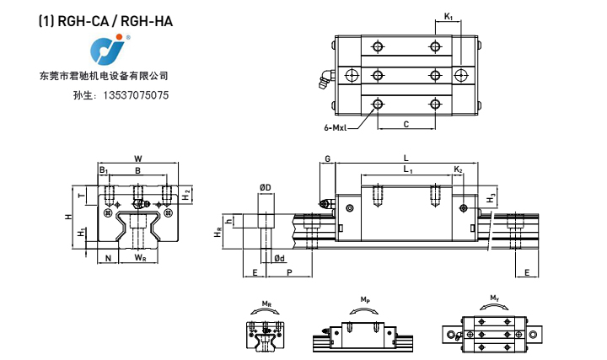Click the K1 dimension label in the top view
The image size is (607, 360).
click(449, 17)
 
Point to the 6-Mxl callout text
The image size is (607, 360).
click(335, 128)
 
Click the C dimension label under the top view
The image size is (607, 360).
click(406, 125)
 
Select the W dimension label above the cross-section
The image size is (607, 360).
click(138, 158)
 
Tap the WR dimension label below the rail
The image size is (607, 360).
click(138, 258)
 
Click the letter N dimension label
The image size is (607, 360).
click(107, 258)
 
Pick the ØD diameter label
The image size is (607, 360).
click(265, 187)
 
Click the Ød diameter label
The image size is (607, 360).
click(279, 258)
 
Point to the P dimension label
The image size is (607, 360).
click(289, 273)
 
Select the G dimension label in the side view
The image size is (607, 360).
click(327, 159)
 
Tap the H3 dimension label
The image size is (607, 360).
click(492, 197)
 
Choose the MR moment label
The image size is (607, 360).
click(266, 302)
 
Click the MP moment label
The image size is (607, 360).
click(364, 299)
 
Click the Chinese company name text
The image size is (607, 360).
click(104, 76)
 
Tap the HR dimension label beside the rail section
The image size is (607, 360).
click(218, 234)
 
